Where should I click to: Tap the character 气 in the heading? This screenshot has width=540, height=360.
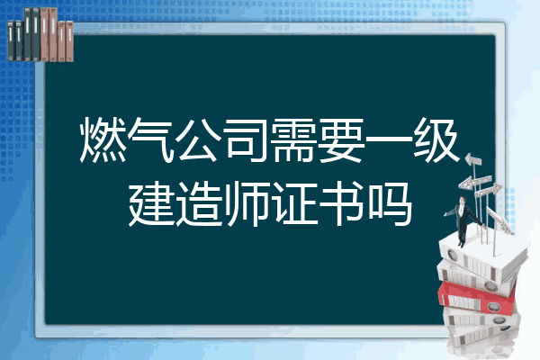150,139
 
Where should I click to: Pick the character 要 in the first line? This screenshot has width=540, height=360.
341,139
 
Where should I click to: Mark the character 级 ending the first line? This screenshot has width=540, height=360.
436,139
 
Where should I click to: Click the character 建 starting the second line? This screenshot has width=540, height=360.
151,204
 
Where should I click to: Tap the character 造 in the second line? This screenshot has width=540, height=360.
199,204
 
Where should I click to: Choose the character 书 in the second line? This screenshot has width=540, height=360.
342,204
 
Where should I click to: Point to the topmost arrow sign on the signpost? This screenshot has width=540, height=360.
473,159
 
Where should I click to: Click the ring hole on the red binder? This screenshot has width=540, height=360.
493,306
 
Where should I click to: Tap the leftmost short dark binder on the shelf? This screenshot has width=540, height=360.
11,41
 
